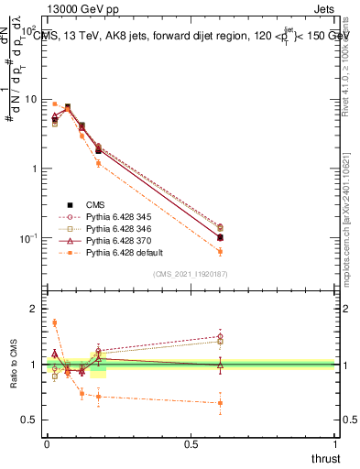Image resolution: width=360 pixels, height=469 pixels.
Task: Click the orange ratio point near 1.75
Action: [x=54, y=322]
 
